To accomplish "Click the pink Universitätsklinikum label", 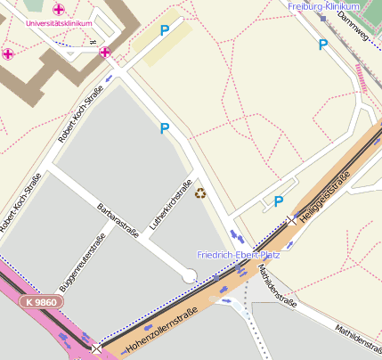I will (x=60, y=24).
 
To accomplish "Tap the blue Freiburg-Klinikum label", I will (x=323, y=6).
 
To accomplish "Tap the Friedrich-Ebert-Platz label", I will (x=238, y=255).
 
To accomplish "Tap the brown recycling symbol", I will (x=200, y=192).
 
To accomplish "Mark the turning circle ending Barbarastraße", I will (x=189, y=278).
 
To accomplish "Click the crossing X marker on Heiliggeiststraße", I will (x=291, y=219).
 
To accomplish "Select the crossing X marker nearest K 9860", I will (x=95, y=348).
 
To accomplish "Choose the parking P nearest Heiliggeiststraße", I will (x=279, y=201).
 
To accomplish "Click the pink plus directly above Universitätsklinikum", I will (x=59, y=9).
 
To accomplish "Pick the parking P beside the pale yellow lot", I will (x=164, y=30).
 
